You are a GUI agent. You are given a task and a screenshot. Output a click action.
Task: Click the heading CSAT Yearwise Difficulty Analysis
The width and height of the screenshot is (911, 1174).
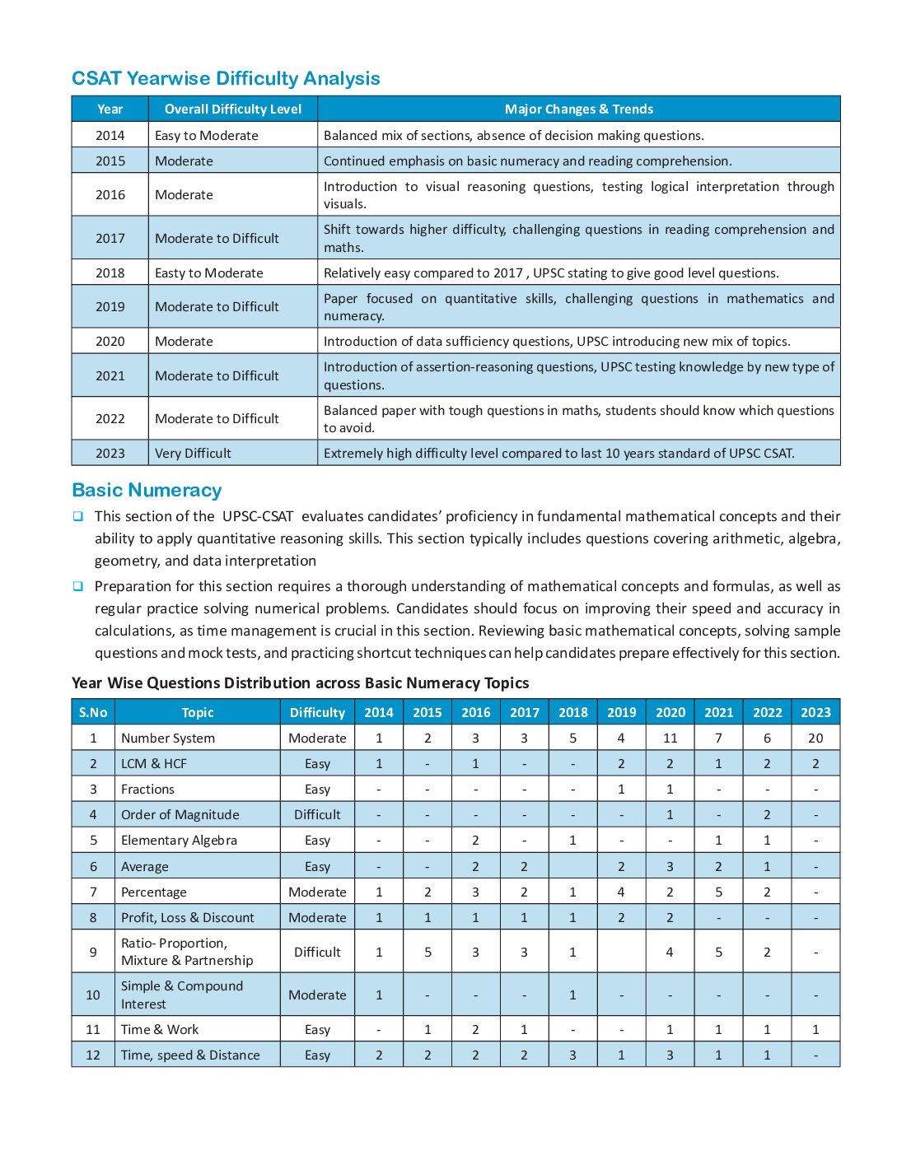point(226,79)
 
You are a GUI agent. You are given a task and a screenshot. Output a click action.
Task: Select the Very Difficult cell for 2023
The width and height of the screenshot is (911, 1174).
point(193,454)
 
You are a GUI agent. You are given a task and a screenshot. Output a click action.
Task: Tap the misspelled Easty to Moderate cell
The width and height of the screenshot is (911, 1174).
point(208,273)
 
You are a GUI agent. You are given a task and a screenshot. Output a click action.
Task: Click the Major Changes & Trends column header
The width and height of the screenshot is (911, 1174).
point(578,109)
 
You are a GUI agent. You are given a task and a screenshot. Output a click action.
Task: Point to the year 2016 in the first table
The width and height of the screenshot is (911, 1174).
point(110,195)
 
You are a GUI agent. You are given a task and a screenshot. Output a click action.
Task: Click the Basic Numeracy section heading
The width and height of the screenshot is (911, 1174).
point(147,491)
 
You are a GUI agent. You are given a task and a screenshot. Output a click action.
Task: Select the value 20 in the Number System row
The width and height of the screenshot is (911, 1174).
point(815,738)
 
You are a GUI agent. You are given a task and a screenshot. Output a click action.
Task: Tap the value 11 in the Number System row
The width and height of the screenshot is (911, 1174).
point(670,738)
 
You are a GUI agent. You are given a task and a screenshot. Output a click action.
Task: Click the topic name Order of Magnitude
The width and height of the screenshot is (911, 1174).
point(180,815)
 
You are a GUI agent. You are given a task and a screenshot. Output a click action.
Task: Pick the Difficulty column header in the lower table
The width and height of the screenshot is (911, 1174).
point(317,713)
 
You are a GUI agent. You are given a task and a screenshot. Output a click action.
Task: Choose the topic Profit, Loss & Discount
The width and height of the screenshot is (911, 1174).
point(187,918)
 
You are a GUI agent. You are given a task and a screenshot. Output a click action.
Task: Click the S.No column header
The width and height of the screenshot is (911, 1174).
point(93,713)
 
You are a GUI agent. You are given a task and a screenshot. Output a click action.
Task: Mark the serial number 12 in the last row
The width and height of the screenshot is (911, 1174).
point(93,1055)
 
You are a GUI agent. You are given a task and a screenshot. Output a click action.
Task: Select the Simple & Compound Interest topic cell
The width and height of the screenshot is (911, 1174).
point(182,995)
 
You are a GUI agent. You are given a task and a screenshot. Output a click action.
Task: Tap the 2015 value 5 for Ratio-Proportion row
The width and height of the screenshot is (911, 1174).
point(427,953)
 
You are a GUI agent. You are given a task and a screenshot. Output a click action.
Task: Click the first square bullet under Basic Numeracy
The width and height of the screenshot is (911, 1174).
point(78,517)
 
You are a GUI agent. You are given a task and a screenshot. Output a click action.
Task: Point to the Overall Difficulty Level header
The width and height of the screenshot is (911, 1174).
point(232,109)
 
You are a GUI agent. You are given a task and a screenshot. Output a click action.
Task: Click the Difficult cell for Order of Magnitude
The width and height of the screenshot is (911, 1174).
point(317,815)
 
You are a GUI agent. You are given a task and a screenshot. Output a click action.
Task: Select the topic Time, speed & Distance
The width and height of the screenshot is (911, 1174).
point(189,1055)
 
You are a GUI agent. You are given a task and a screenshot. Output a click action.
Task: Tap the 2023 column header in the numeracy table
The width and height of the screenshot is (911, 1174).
point(815,713)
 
